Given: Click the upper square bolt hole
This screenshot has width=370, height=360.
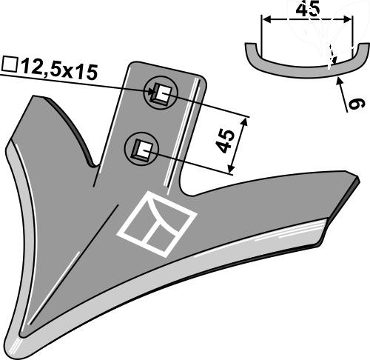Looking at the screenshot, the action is [161, 93].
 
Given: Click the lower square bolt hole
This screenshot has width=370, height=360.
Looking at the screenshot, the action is [143, 150].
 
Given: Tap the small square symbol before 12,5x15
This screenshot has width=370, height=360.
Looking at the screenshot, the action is [10, 64].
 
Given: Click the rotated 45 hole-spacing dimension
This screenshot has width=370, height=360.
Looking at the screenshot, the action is [226, 141].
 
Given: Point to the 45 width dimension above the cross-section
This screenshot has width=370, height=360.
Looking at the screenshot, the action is [308, 10].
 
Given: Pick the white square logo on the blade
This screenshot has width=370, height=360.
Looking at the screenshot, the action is [157, 224].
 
